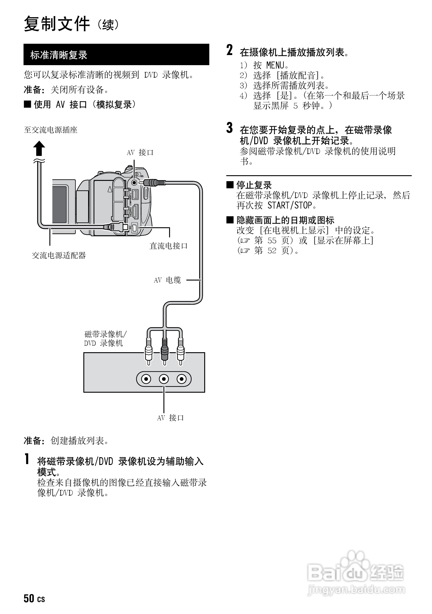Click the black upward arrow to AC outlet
click(x=39, y=148)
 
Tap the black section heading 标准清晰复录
click(x=59, y=55)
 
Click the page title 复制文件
click(x=57, y=24)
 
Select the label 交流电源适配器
click(x=59, y=255)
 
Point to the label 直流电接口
click(x=169, y=246)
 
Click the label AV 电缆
click(x=167, y=280)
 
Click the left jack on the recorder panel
click(x=146, y=379)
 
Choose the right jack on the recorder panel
click(x=181, y=379)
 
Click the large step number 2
click(x=229, y=50)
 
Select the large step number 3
click(x=229, y=128)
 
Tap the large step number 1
click(x=27, y=459)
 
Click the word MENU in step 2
click(x=275, y=65)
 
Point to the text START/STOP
click(x=290, y=205)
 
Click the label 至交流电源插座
click(x=51, y=130)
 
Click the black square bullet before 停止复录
click(x=230, y=185)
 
